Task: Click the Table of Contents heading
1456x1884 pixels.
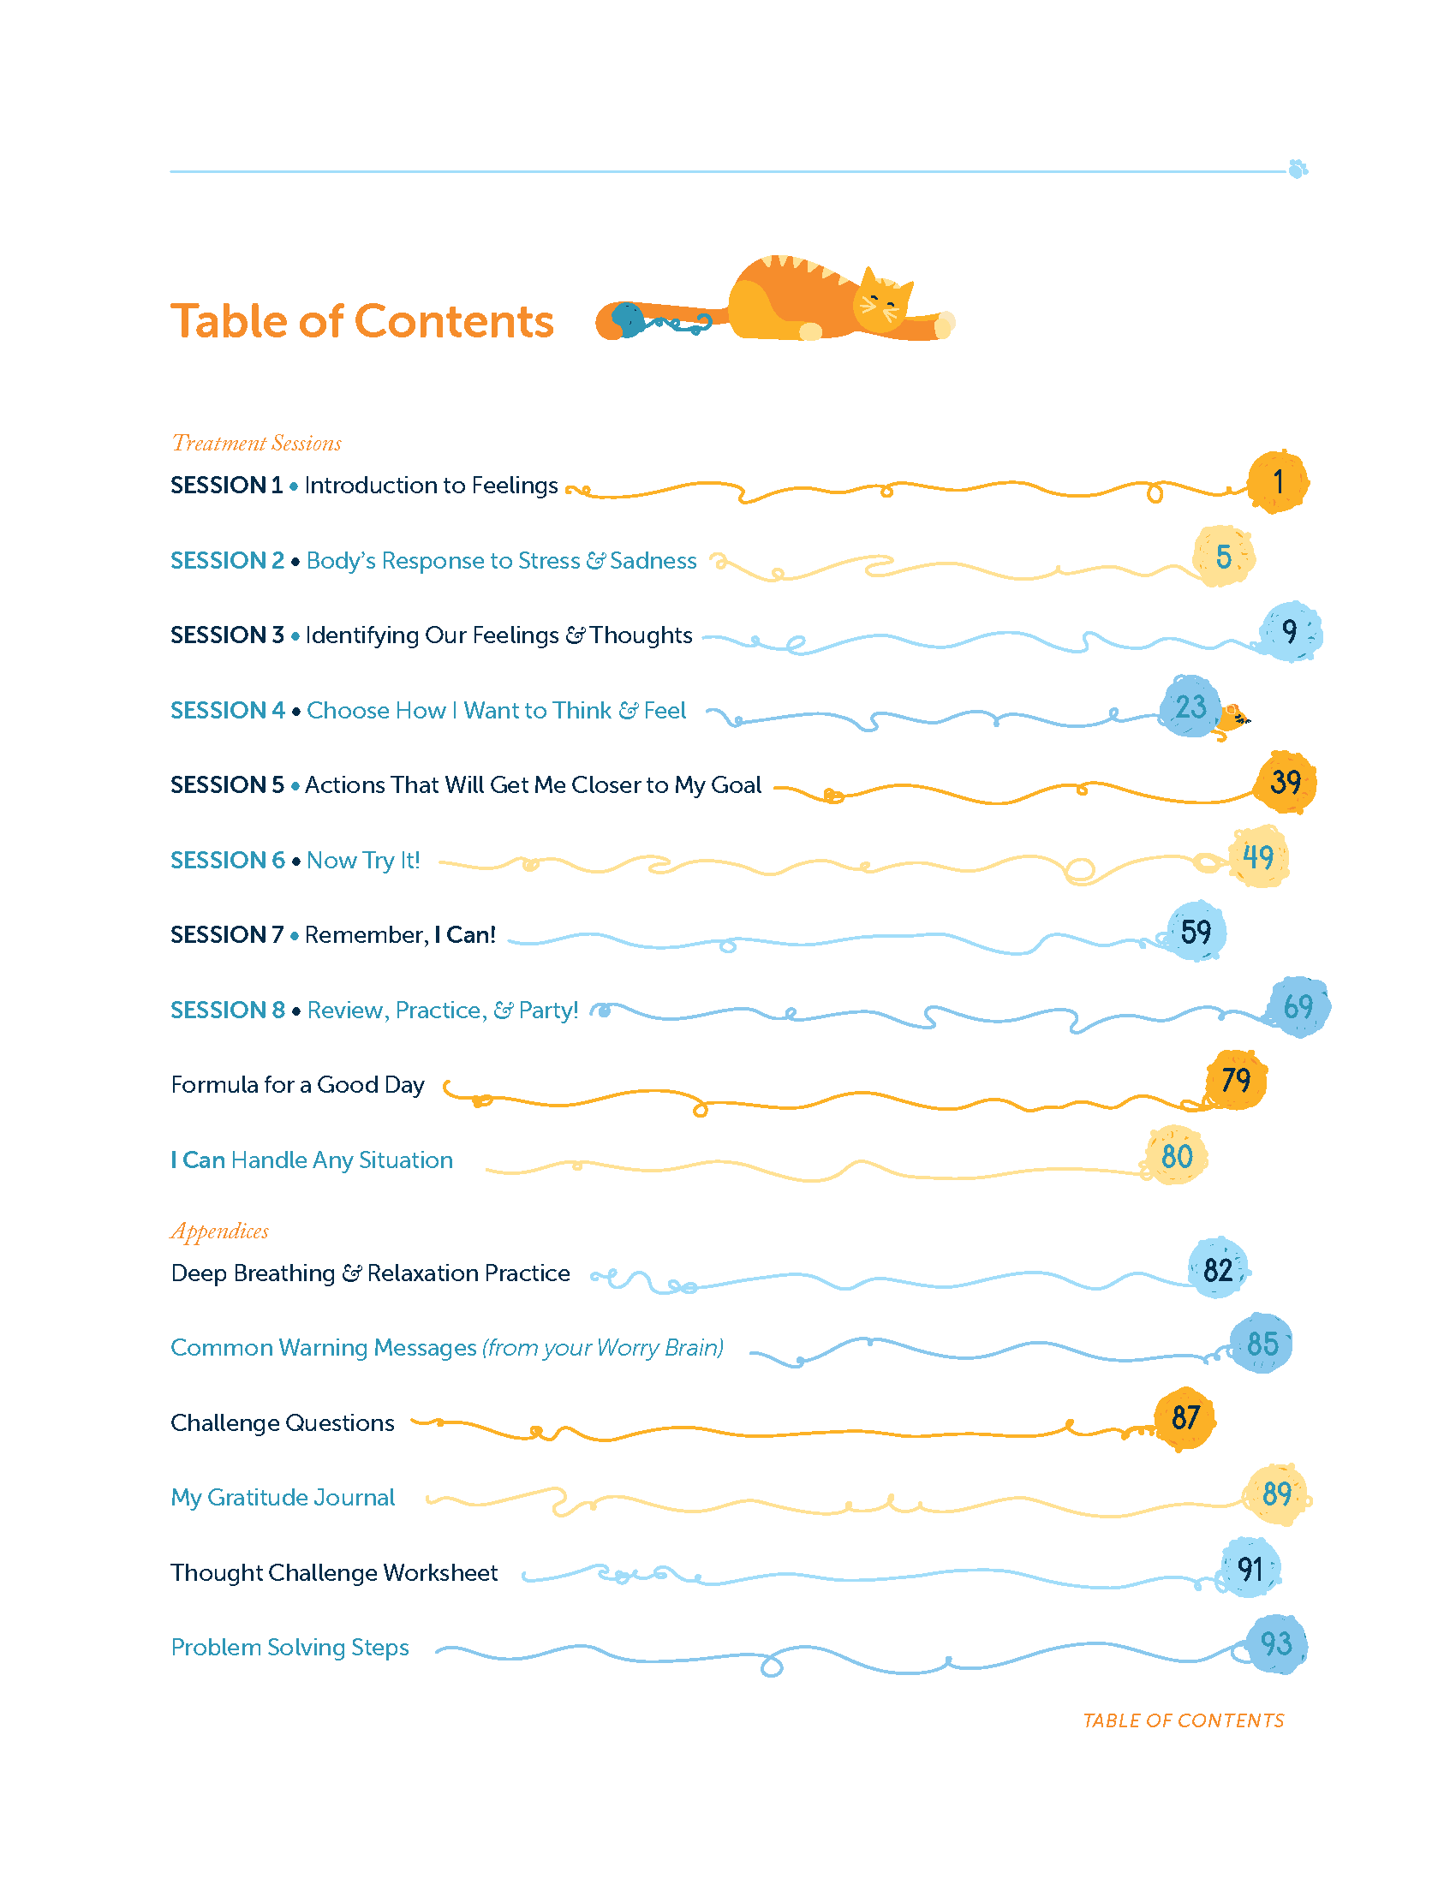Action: pos(361,322)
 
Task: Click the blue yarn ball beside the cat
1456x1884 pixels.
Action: pos(628,319)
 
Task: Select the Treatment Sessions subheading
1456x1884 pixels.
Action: pos(256,444)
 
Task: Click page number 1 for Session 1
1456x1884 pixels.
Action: pos(1279,481)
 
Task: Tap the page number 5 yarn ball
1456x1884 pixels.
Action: pos(1223,557)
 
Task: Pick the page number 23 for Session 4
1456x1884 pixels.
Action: pos(1190,706)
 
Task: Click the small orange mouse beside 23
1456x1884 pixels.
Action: pos(1232,720)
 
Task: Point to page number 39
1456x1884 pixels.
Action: pos(1286,782)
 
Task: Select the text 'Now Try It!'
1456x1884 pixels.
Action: pos(363,860)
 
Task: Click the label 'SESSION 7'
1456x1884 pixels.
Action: pos(227,934)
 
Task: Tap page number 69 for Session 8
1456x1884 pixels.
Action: pos(1298,1007)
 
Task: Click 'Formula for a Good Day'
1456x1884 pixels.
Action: pos(297,1085)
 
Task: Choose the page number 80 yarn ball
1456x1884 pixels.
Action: pos(1177,1156)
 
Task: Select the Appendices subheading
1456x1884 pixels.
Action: pos(220,1231)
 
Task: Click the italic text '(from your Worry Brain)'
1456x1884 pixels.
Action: pos(603,1347)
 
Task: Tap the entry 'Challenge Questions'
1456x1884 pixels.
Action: pos(282,1423)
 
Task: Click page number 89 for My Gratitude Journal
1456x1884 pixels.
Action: pos(1277,1494)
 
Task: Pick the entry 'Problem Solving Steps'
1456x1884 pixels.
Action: pos(289,1648)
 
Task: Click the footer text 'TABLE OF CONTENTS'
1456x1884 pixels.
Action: pos(1184,1721)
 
